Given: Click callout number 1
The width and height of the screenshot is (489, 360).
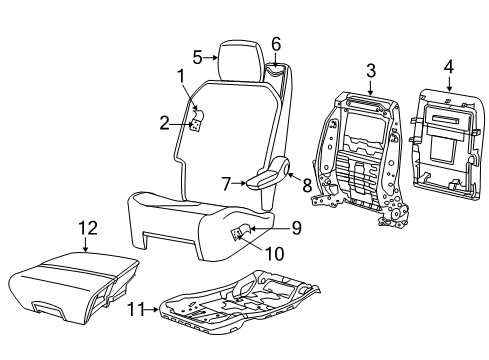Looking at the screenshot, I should tap(181, 75).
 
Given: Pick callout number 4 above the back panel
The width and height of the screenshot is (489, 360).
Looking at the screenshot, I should tap(449, 68).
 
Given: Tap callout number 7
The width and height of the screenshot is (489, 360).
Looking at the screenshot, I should tap(226, 182).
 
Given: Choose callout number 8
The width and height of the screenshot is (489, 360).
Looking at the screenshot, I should tap(293, 183).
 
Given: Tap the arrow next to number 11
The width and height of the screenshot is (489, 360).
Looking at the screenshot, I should tap(152, 311).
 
